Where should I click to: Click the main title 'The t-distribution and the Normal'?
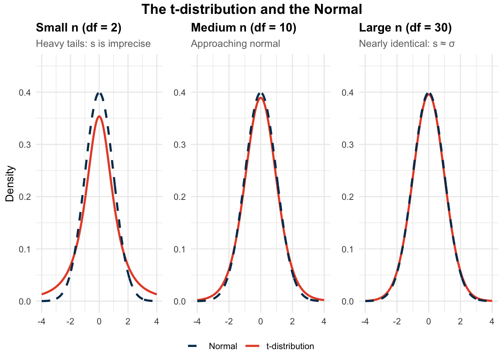point(252,9)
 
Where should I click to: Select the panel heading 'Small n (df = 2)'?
point(79,28)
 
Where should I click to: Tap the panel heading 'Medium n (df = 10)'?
point(244,28)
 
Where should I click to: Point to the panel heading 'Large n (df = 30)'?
point(405,28)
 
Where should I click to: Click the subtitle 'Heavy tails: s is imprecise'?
point(93,44)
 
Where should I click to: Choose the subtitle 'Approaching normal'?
point(235,44)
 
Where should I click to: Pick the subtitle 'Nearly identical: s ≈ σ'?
point(407,44)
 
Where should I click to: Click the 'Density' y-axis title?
point(10,184)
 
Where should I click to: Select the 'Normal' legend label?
point(223,346)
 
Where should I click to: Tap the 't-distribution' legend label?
point(290,346)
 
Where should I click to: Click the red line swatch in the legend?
point(253,346)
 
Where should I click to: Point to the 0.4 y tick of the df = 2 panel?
point(25,92)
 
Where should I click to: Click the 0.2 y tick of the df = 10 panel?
point(180,197)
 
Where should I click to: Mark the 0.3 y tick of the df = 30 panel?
point(348,145)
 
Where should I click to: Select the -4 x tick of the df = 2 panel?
point(41,322)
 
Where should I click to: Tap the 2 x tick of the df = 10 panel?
point(292,322)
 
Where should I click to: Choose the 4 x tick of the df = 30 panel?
point(492,322)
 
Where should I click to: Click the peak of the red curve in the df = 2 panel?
point(99,116)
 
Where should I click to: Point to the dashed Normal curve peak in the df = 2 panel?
point(99,93)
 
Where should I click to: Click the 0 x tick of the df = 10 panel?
point(261,322)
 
